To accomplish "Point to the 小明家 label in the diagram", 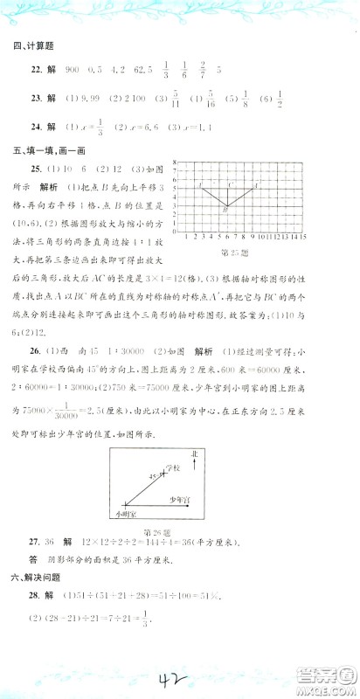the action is click(131, 515).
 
